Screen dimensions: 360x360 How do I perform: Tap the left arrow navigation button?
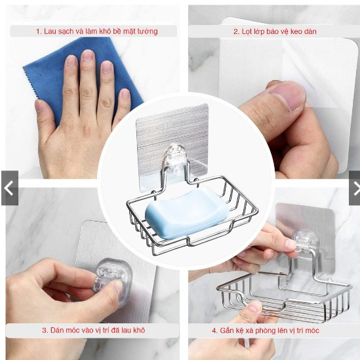click(10, 188)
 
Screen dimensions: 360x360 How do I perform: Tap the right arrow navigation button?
click(355, 188)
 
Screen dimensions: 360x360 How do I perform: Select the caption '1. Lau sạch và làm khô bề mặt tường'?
click(97, 31)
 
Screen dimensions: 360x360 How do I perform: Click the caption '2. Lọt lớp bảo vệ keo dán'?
click(275, 31)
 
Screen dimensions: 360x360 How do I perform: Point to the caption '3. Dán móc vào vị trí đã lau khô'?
click(94, 330)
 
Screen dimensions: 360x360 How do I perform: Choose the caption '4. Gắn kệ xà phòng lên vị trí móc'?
click(266, 330)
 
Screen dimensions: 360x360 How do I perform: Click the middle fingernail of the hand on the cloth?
click(88, 55)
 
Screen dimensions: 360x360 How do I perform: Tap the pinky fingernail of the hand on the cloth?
click(126, 94)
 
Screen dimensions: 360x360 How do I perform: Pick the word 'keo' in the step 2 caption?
click(296, 31)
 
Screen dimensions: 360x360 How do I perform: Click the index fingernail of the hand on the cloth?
click(71, 60)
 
